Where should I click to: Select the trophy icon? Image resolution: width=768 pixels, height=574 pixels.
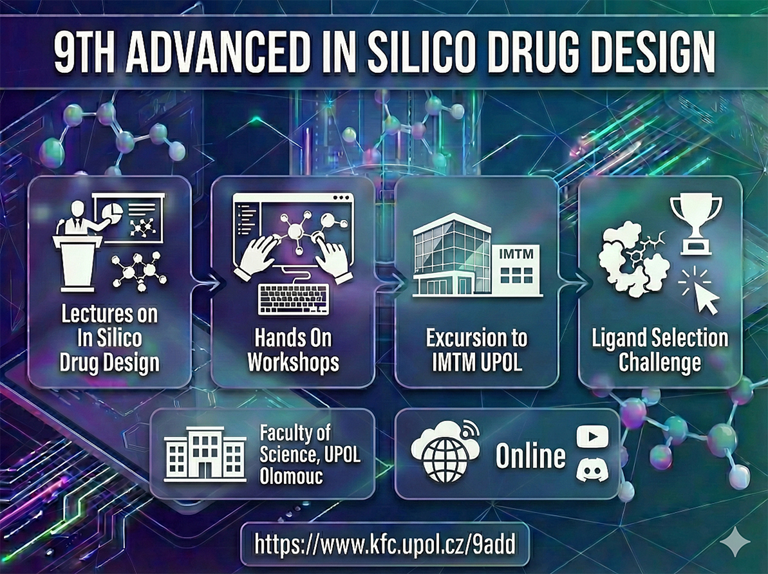(x=695, y=224)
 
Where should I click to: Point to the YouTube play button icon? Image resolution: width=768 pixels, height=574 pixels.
(x=593, y=436)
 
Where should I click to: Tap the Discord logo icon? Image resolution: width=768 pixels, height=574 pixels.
(x=593, y=468)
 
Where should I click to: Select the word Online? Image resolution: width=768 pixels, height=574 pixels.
(x=530, y=456)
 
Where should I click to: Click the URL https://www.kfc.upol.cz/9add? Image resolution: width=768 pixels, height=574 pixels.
(x=385, y=544)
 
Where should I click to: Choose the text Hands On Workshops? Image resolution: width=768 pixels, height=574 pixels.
(x=294, y=350)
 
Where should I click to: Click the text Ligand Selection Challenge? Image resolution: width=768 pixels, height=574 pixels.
(x=660, y=350)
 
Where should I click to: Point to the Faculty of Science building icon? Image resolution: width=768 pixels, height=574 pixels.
(x=205, y=454)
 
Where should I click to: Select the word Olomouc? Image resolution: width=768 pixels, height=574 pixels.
(x=291, y=476)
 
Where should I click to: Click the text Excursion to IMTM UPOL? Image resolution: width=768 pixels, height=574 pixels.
(x=476, y=350)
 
